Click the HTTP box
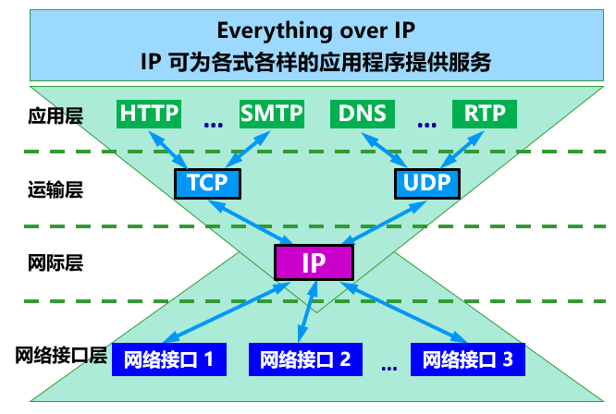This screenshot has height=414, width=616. pos(149,114)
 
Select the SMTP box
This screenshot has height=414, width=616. pos(271,114)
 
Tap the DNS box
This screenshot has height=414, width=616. pos(362,114)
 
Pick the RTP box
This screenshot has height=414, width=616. pos(485,114)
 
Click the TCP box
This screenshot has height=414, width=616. pos(206,182)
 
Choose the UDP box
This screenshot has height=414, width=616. pos(426,182)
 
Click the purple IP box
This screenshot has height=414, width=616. pos(314,262)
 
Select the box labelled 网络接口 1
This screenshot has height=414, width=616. pos(169,359)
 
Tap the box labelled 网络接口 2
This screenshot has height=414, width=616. pos(305,359)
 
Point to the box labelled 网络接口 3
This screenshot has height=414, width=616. pos(467,359)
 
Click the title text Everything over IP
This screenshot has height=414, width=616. pos(313,30)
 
